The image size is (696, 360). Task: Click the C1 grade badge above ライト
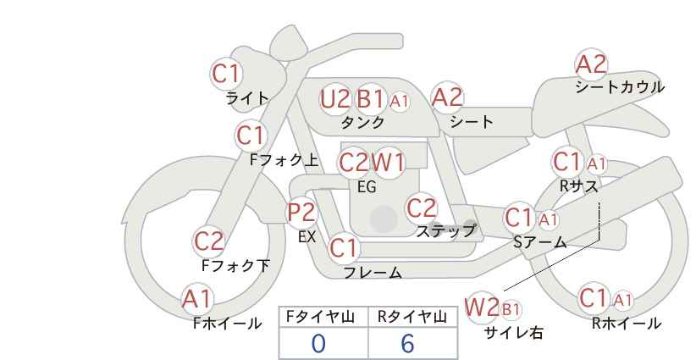[x=226, y=74]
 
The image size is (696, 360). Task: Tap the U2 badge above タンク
[x=335, y=99]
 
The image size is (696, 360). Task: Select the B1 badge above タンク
[x=370, y=99]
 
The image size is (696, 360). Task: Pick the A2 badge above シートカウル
[x=591, y=64]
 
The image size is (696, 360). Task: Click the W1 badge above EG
[x=389, y=163]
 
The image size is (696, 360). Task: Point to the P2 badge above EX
[x=301, y=213]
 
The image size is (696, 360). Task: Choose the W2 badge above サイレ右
[x=483, y=307]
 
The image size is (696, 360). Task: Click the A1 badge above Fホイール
[x=197, y=299]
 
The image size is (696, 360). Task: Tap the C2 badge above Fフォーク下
[x=209, y=241]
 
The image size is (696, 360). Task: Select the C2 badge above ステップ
[x=421, y=208]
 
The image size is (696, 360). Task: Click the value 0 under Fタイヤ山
[x=318, y=344]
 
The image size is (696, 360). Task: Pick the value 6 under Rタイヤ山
[x=407, y=344]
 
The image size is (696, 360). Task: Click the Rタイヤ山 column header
[x=412, y=317]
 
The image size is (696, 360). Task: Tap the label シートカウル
[x=619, y=87]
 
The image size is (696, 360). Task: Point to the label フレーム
[x=373, y=273]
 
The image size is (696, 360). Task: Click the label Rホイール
[x=626, y=323]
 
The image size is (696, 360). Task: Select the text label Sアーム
[x=539, y=242]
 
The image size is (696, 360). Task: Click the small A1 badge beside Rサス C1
[x=596, y=163]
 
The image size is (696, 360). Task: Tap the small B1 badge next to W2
[x=511, y=308]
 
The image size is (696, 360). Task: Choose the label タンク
[x=362, y=123]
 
